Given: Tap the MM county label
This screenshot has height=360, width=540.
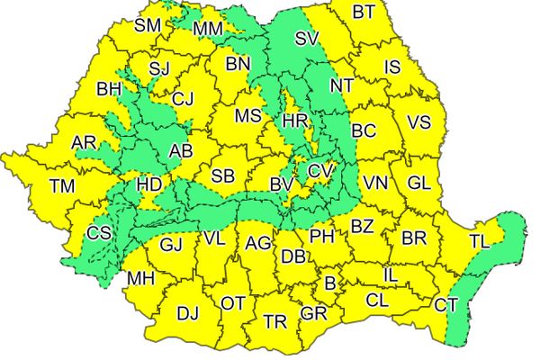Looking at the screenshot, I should tap(208, 30).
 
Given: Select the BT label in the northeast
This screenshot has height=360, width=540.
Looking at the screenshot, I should tap(364, 12).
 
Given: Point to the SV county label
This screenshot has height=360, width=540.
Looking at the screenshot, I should tap(307, 38).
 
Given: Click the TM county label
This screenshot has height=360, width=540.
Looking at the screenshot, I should tap(62, 186).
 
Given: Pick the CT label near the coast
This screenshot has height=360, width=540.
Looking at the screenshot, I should tap(445, 305).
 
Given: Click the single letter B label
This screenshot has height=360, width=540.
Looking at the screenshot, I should tap(329, 284).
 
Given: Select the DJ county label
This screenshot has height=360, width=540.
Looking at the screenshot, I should tap(187, 313).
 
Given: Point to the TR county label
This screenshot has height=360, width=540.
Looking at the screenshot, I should tap(275, 321).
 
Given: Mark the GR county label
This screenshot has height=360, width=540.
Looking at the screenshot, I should tap(313, 313).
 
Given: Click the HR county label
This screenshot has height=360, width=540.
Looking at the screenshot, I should tap(295, 121).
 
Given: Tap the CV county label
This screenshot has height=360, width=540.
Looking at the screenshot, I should tap(320, 170).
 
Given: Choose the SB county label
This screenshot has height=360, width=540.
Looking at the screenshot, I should tap(224, 175).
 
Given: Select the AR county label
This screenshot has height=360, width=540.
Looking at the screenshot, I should tap(85, 142).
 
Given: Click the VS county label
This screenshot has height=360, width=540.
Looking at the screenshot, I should tap(419, 122).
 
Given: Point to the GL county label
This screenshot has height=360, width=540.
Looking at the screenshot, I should tap(418, 183).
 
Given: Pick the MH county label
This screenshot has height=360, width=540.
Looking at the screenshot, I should tap(140, 278).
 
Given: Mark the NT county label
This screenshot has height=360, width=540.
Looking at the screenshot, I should tap(341, 86).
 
